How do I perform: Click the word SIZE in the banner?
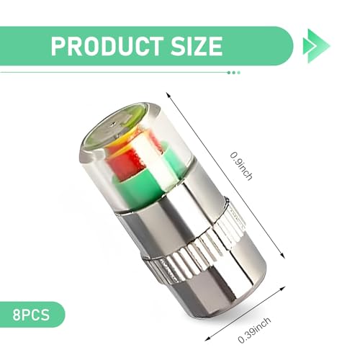[197, 46]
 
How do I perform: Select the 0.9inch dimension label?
[241, 166]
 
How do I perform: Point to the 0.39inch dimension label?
[254, 330]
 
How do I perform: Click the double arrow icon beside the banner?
[317, 45]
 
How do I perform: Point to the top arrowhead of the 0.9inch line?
[168, 95]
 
